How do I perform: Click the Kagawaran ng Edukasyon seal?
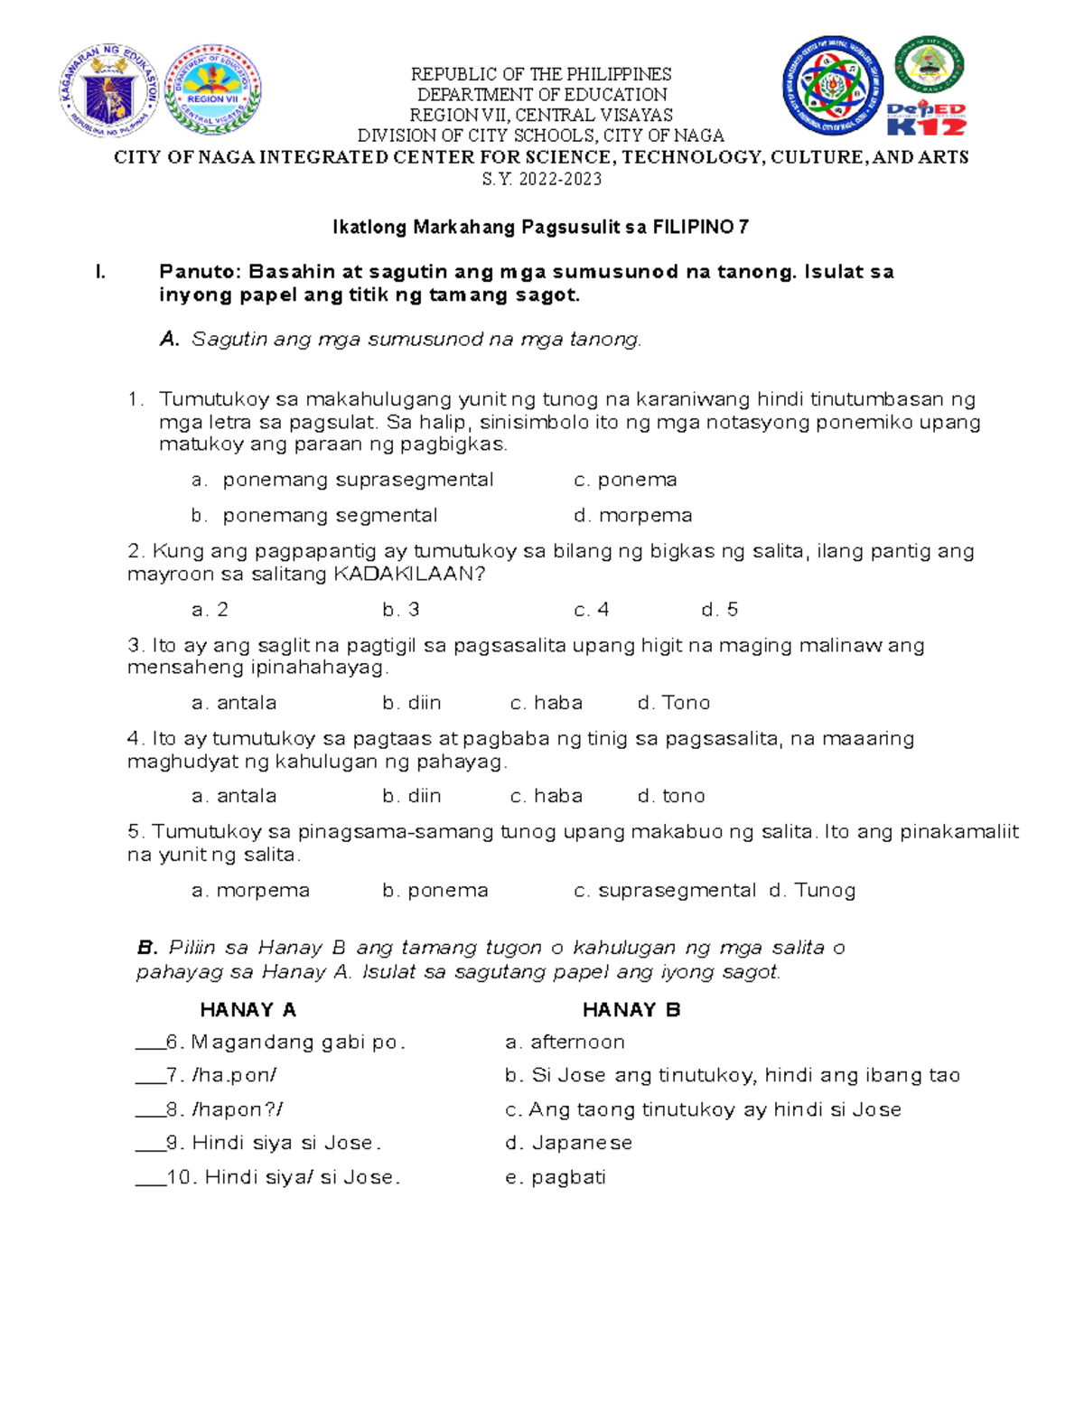point(109,90)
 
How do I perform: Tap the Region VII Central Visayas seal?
point(213,90)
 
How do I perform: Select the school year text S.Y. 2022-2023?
point(542,179)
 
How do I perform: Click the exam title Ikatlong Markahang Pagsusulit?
point(540,228)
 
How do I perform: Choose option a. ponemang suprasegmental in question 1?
point(343,480)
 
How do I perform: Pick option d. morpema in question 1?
point(632,516)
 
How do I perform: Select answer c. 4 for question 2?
point(591,610)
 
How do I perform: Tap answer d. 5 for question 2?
point(719,610)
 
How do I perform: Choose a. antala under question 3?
point(234,703)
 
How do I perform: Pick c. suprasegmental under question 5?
point(665,891)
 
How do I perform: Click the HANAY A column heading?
point(248,1010)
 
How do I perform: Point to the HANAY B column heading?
point(631,1010)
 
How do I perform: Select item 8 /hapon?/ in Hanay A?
point(225,1109)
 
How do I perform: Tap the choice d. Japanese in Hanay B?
point(568,1143)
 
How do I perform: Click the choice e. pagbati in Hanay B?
point(555,1177)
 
